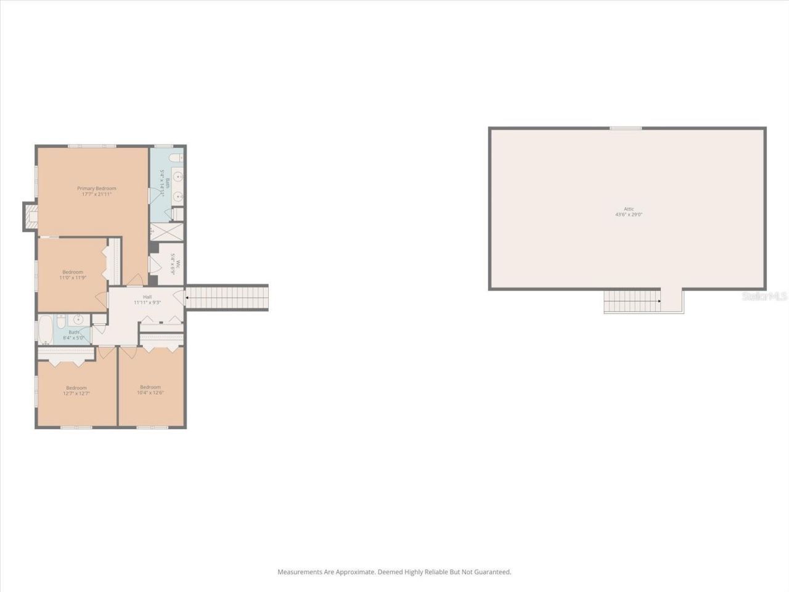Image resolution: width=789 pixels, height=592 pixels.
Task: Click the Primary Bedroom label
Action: pos(96,189)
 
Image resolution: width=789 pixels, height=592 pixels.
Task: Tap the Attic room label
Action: pos(628,209)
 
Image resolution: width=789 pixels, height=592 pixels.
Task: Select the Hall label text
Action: pos(147,297)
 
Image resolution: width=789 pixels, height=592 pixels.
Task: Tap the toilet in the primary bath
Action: pos(178,214)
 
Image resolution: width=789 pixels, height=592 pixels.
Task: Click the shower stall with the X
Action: pos(166,232)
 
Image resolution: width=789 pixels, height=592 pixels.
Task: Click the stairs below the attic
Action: pos(632,301)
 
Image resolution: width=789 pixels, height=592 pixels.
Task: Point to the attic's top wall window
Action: pos(626,128)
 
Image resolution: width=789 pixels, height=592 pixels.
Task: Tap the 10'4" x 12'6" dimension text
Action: pos(150,393)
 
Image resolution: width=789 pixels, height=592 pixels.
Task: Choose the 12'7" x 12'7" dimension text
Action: pos(76,393)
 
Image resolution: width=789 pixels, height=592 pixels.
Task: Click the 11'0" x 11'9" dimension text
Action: pos(72,277)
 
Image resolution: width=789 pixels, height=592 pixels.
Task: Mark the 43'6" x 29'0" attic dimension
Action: pos(628,215)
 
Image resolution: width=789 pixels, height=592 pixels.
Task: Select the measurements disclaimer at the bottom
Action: pos(394,572)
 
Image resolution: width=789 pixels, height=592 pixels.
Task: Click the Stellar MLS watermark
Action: pos(764,297)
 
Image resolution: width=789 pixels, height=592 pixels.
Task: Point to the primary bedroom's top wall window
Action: pos(92,146)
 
